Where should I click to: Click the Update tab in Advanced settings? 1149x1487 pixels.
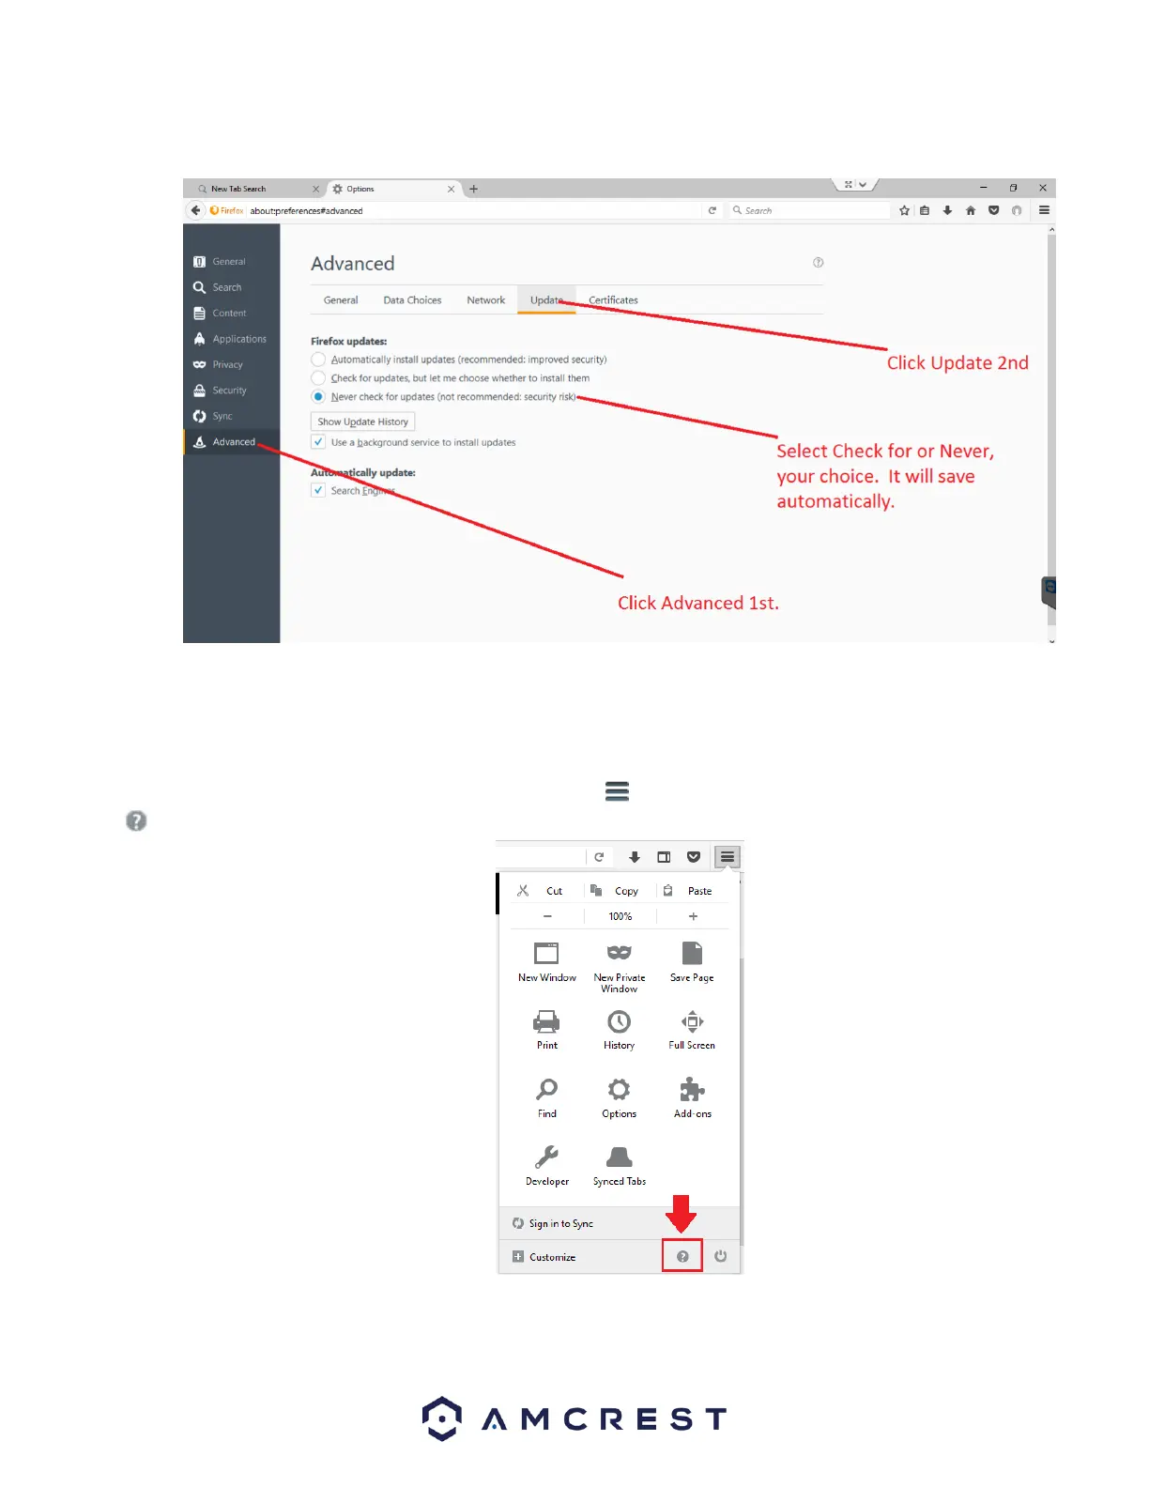[546, 300]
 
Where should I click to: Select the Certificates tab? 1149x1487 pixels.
[613, 300]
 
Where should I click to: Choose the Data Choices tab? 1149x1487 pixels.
[412, 300]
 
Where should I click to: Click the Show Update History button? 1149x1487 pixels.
[362, 422]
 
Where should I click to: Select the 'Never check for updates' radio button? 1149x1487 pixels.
[319, 397]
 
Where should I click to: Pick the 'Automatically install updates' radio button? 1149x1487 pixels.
[319, 360]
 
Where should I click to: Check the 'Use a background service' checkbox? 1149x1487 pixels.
[319, 442]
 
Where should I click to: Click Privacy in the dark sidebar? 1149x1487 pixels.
[227, 364]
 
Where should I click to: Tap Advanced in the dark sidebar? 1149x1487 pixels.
[233, 442]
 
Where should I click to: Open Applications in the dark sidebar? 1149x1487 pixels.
[238, 339]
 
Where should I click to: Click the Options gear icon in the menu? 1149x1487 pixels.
[619, 1090]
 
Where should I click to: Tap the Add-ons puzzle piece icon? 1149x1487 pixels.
[692, 1090]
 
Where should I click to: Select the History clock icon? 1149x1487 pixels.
[619, 1021]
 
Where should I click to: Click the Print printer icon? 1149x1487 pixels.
[546, 1021]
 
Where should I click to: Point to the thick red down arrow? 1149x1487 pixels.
[682, 1213]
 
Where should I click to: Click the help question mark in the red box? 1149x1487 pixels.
[682, 1256]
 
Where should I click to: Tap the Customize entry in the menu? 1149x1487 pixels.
[552, 1257]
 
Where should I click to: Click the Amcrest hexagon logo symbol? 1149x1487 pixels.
[441, 1418]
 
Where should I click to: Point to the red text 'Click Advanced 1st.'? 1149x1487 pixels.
[697, 603]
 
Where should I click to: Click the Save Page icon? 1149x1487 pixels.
[692, 954]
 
